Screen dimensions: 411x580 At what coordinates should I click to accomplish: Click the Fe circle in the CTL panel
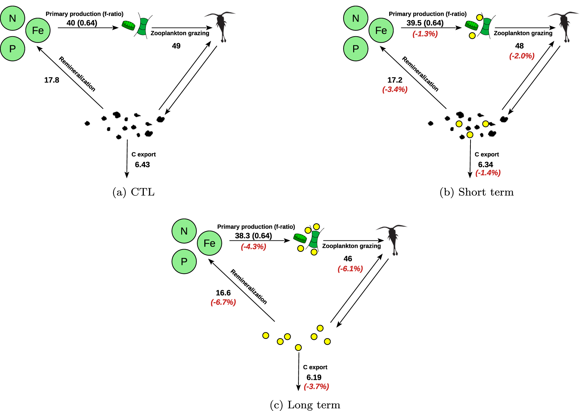point(38,30)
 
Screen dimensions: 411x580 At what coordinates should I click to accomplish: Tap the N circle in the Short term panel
point(356,18)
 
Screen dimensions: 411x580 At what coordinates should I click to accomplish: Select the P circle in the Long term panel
point(184,261)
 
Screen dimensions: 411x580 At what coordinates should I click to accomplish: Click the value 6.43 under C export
point(142,165)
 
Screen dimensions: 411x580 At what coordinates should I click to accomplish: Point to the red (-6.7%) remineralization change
point(223,302)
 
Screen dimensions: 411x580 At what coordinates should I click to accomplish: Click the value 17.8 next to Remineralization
point(52,80)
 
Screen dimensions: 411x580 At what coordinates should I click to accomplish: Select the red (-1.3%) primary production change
point(425,34)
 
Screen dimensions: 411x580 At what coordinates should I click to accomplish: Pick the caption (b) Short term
point(477,192)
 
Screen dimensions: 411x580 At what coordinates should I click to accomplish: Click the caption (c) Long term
point(305,405)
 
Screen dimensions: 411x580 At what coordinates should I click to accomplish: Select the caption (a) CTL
point(133,192)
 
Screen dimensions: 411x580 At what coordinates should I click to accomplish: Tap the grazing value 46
point(348,259)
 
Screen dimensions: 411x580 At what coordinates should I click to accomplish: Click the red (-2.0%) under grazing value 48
point(522,56)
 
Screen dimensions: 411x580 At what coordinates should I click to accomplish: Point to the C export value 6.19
point(314,377)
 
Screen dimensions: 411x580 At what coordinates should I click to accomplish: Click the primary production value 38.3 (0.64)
point(253,236)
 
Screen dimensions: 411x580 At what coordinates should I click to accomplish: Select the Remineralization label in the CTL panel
point(77,74)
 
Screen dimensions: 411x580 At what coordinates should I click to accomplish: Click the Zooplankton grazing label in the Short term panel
point(523,33)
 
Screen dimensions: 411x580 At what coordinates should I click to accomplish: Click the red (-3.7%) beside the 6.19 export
point(316,386)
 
